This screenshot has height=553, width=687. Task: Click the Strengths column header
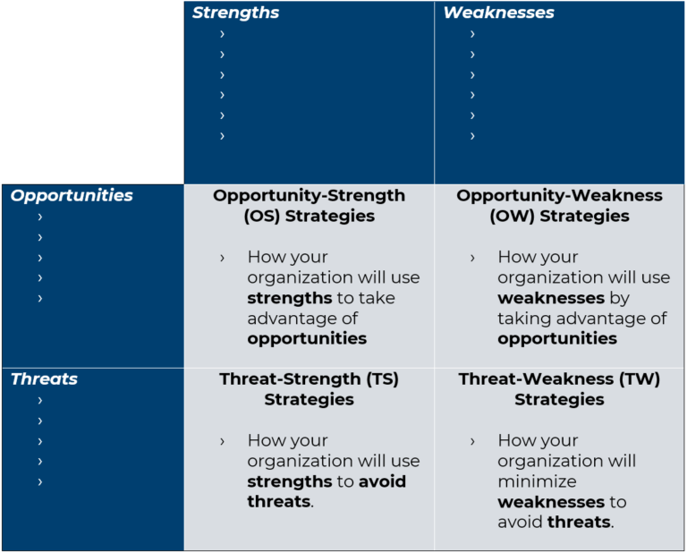point(235,13)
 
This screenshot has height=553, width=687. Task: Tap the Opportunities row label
point(72,195)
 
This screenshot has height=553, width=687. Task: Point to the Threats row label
point(44,379)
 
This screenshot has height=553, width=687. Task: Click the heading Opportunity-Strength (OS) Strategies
point(309,206)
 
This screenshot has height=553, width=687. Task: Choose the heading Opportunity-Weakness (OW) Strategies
point(559,206)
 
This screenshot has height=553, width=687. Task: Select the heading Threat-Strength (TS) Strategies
point(309,389)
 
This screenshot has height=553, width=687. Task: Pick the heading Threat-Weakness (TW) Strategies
point(559,389)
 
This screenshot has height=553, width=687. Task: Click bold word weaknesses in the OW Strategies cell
point(551,298)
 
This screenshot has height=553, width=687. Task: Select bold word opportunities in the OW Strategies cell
point(557,339)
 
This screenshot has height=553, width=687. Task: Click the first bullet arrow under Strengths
point(222,34)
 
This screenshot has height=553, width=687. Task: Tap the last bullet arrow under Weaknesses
point(472,136)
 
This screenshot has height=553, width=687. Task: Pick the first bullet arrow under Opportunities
point(39,217)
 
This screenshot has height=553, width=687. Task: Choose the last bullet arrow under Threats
point(39,482)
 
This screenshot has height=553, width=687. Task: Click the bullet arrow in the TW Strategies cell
point(472,441)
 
